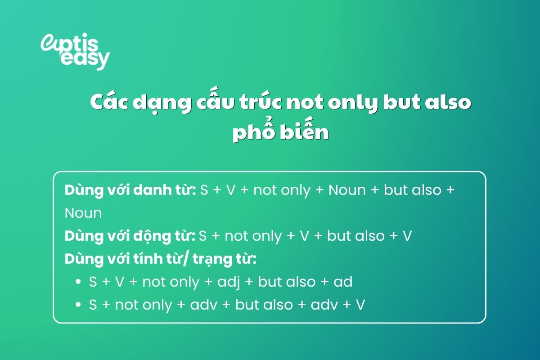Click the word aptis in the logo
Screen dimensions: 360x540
(74, 43)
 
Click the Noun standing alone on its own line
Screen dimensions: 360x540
(83, 213)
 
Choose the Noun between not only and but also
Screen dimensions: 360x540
(347, 190)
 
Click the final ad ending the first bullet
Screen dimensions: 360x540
(343, 282)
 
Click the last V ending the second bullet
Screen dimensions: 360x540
(360, 305)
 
